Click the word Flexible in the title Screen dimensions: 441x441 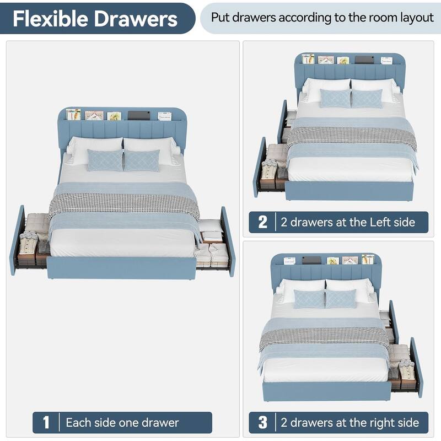(x=51, y=19)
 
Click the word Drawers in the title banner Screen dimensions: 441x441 (x=135, y=19)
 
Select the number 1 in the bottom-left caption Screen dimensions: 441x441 (x=46, y=422)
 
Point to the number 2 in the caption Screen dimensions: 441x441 (x=263, y=222)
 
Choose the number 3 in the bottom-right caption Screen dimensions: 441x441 (x=263, y=422)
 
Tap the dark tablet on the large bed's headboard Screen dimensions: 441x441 (x=139, y=115)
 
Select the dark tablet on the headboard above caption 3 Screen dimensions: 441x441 (x=311, y=260)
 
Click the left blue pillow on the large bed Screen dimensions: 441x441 (x=105, y=160)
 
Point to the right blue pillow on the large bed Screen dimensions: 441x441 (x=142, y=160)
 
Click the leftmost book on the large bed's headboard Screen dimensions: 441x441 (x=73, y=115)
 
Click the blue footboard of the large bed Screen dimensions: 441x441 (x=121, y=268)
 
